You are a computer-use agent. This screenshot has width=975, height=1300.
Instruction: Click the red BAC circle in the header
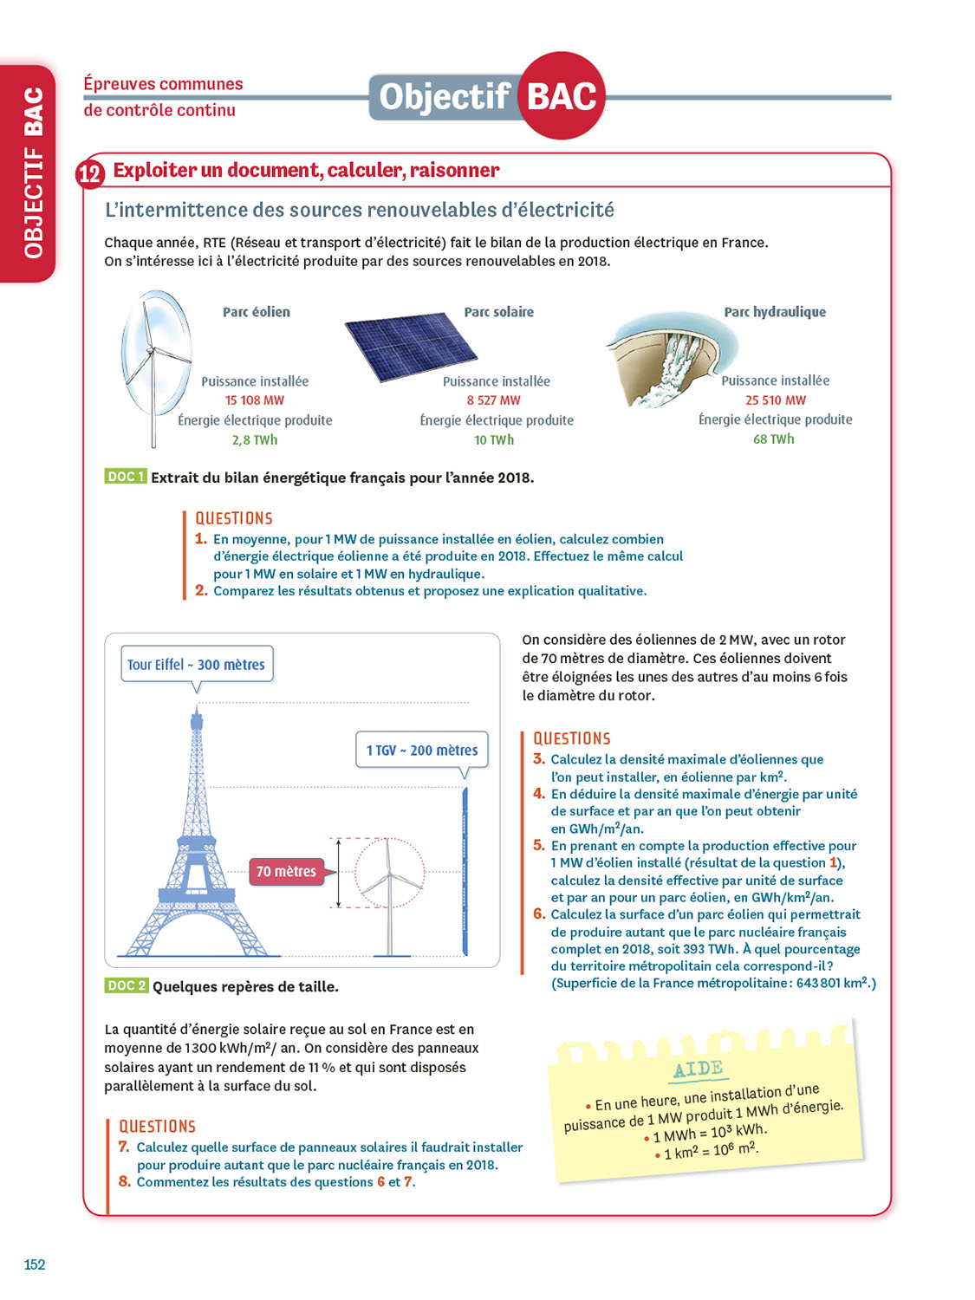562,96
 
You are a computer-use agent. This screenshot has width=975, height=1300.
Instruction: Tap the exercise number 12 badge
90,174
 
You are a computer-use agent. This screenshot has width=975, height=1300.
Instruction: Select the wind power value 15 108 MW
255,400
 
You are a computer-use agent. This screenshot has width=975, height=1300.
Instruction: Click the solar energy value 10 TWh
494,440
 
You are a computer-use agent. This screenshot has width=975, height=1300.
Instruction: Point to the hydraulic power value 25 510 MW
776,400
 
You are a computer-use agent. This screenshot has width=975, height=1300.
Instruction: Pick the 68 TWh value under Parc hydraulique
774,439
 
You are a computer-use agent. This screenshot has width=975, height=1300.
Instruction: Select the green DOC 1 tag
125,477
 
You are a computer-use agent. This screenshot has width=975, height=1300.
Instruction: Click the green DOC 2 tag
126,985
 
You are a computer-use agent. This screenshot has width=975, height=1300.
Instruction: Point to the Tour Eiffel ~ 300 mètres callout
197,665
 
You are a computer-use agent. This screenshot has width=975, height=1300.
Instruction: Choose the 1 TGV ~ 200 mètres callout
422,751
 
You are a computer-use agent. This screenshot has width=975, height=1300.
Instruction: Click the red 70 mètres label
286,872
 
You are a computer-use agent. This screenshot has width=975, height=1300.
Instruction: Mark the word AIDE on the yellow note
698,1069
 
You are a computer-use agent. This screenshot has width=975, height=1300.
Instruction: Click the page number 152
35,1264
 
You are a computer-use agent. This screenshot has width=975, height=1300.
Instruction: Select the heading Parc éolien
257,312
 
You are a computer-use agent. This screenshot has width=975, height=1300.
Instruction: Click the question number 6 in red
539,914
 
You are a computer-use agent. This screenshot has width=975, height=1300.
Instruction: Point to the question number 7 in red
124,1147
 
